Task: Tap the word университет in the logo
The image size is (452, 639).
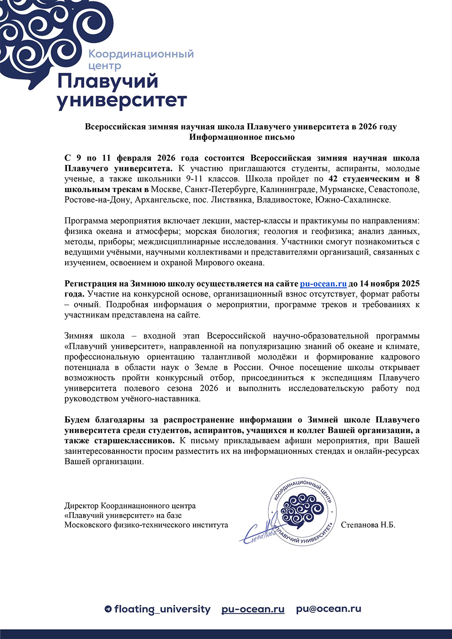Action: pos(122,100)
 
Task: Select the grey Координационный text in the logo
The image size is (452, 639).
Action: pos(141,54)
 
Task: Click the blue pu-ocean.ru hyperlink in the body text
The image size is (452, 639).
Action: pos(323,284)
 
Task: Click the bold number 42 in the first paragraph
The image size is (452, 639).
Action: pos(333,179)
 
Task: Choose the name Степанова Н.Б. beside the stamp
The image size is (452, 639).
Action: pos(368,525)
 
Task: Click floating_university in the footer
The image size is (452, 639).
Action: pos(162,609)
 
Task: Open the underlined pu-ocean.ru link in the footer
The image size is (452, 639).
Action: pos(253,609)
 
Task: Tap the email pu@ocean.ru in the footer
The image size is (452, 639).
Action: pos(329,609)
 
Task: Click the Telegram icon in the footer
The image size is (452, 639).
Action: pos(108,609)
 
